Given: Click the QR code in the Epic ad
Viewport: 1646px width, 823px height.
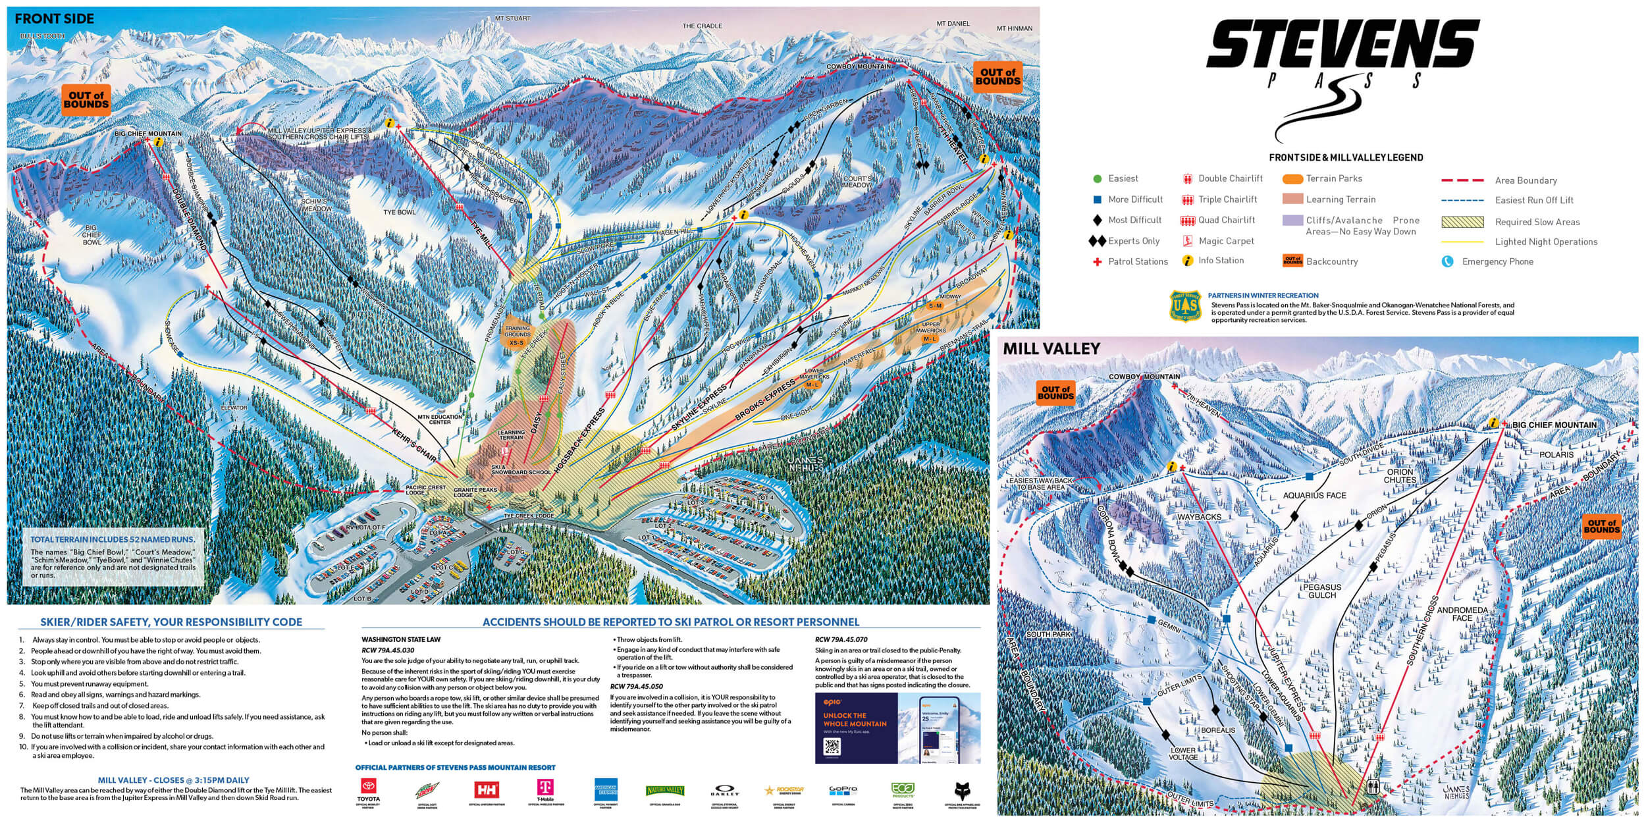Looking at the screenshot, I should tap(832, 747).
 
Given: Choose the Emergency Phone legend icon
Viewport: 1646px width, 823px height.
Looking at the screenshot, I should tap(1447, 261).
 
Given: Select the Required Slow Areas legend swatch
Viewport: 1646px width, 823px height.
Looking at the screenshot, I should tap(1462, 222).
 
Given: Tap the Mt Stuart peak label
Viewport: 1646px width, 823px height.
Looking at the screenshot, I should tap(513, 18).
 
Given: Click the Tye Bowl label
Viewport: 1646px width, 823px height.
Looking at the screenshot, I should tap(400, 213).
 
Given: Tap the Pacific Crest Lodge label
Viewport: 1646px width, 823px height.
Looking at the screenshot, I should tap(425, 490).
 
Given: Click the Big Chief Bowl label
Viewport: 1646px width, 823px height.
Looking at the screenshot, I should tap(92, 234).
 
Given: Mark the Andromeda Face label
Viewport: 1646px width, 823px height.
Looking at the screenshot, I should tap(1462, 614).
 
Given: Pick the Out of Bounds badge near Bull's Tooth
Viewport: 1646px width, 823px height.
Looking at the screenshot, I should tap(86, 100).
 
